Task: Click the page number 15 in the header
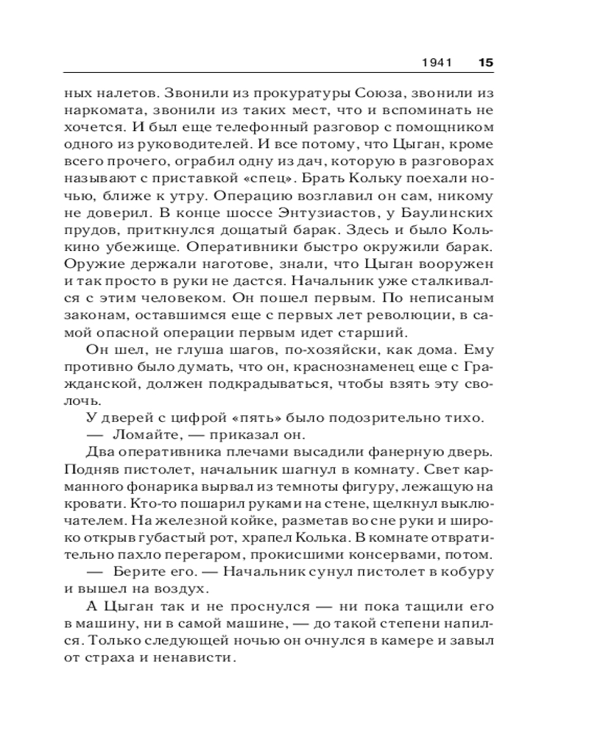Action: [485, 63]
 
